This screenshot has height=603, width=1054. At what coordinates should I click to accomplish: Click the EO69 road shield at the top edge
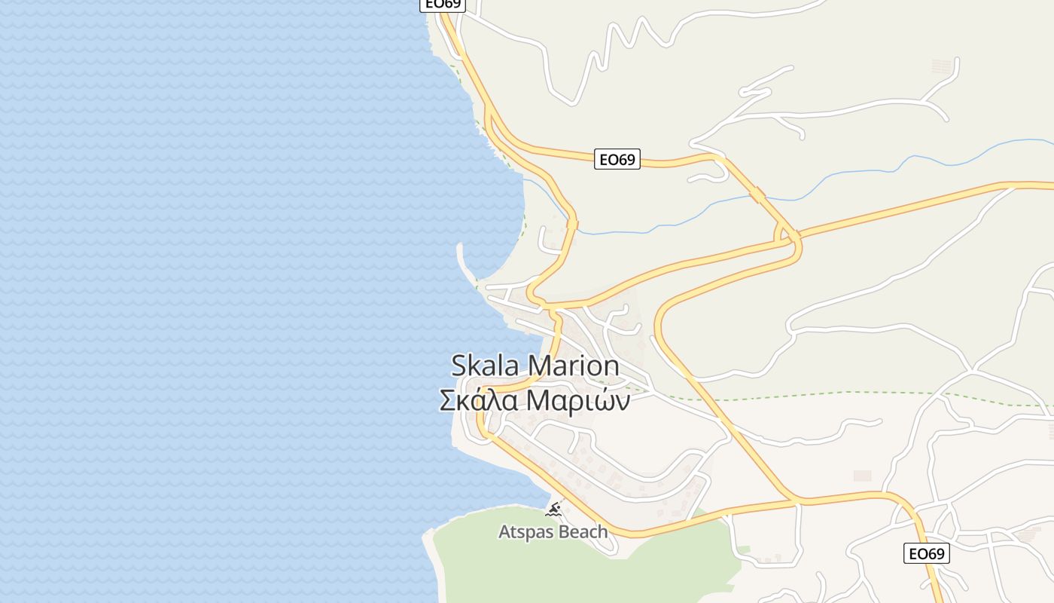point(443,4)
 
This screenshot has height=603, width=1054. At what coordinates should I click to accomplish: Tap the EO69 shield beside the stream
point(617,160)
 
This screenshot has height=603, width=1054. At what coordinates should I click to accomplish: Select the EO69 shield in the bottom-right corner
point(926,554)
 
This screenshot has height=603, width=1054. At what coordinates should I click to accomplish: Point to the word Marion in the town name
point(574,366)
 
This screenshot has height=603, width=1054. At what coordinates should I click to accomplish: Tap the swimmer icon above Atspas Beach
point(555,511)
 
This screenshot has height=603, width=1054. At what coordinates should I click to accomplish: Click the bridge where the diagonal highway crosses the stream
point(757,194)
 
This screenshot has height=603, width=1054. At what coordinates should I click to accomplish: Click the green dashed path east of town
point(828,394)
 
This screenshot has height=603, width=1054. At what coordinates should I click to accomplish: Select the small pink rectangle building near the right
point(862,476)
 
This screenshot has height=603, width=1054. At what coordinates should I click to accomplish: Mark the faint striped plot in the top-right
point(942,66)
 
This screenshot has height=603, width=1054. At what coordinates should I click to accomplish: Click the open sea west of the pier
point(226,264)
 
